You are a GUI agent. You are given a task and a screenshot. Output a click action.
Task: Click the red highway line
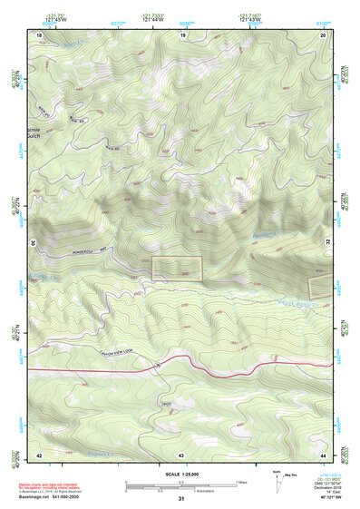coord(181,364)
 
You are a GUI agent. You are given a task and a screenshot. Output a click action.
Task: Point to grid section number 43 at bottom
coord(180,454)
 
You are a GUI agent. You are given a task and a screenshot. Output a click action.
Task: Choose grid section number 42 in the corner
coord(39,454)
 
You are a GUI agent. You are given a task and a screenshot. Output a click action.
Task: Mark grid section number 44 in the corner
coord(323,454)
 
